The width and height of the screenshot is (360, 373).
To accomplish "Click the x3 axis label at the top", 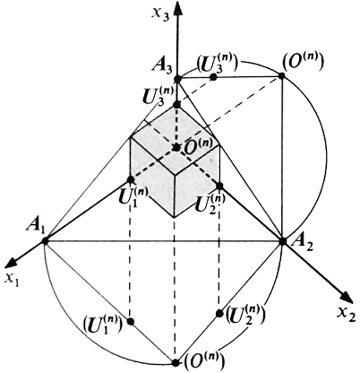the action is [x=160, y=13].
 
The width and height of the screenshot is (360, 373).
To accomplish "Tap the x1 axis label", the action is [x=12, y=280].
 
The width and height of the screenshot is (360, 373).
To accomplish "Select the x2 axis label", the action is [x=347, y=316].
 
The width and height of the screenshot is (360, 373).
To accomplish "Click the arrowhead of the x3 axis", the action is [x=178, y=11].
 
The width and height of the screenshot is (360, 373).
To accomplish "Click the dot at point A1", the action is [x=45, y=240].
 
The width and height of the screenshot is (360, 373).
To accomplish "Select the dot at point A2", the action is [x=282, y=240].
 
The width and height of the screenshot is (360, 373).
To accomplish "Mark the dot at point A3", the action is [x=178, y=79].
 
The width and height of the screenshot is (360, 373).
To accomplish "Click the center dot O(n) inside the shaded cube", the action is [x=176, y=147].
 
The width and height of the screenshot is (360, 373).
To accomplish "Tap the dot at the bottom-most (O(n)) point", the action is [x=176, y=362].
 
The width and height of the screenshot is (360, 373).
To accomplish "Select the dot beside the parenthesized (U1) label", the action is [x=131, y=321].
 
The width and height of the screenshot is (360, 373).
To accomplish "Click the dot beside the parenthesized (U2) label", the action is [x=219, y=313].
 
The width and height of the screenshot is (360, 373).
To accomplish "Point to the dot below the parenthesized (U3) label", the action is [x=213, y=77].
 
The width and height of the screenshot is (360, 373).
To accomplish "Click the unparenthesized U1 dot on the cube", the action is [x=131, y=179].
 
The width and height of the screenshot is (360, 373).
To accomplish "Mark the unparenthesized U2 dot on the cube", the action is [x=219, y=186].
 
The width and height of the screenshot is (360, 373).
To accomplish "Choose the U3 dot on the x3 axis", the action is [x=177, y=105].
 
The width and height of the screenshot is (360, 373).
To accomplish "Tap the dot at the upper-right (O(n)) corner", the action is [x=281, y=76].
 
